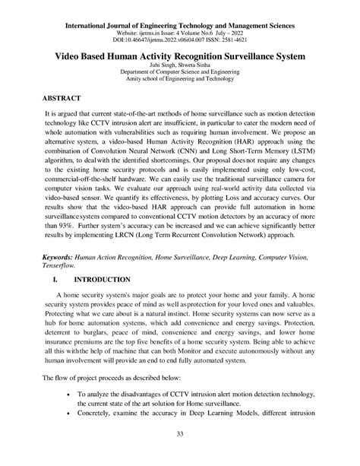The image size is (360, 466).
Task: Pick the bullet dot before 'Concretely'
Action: (69, 417)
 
